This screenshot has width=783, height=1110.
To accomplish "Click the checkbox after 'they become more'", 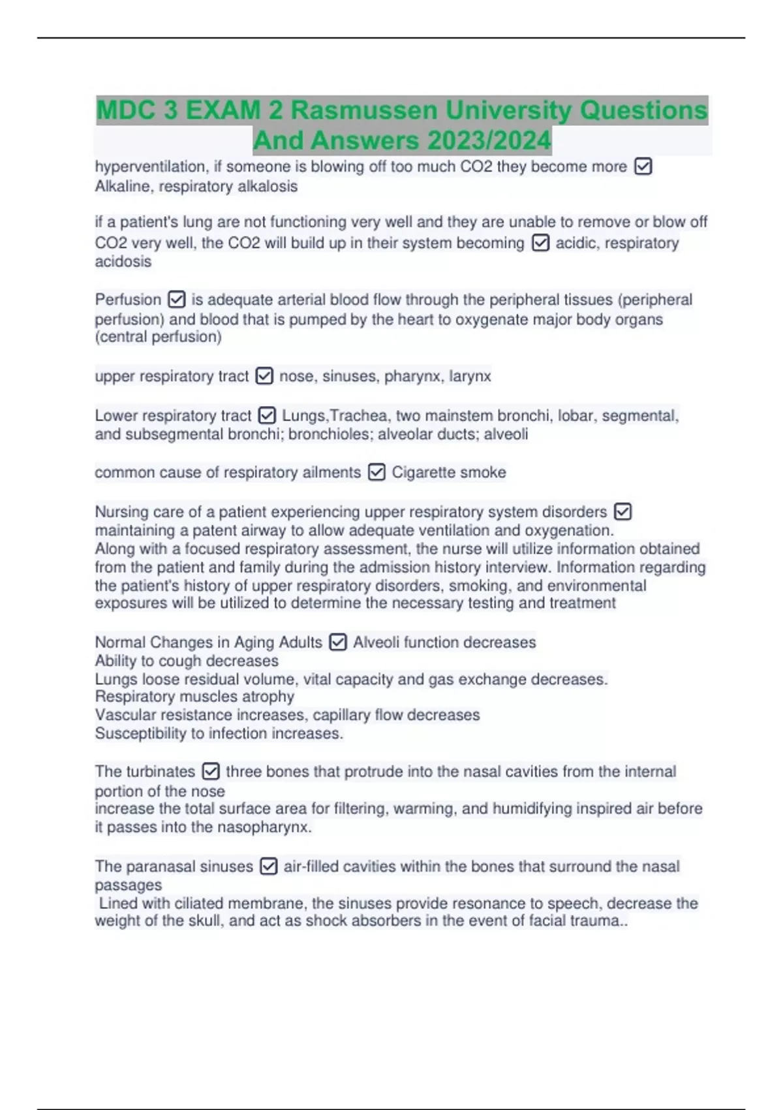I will (x=643, y=166).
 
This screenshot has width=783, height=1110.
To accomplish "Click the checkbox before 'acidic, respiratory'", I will (x=540, y=243).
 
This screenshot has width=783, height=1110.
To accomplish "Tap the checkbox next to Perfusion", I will (x=176, y=300).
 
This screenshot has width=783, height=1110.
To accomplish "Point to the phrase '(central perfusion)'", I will (x=159, y=337).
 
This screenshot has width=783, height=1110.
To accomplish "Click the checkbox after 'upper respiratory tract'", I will (x=264, y=376).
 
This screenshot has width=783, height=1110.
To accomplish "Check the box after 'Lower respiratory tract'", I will (x=267, y=415).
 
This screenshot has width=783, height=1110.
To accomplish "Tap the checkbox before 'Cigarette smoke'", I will (x=376, y=472).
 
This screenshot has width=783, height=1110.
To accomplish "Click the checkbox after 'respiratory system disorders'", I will (x=623, y=511).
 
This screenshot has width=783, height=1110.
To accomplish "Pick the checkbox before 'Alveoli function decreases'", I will (x=337, y=642).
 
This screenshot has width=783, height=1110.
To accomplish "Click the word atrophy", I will (x=268, y=697).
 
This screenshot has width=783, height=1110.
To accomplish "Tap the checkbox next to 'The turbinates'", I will (x=211, y=772).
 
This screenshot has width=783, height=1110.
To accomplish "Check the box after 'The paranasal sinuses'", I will (x=269, y=866).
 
